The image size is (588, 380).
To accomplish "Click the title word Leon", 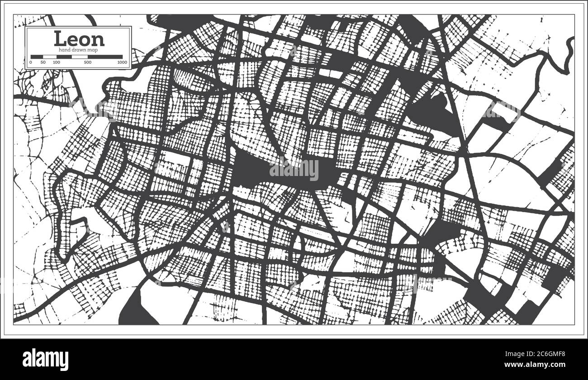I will [79, 39].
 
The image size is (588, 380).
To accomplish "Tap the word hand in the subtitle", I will [60, 49].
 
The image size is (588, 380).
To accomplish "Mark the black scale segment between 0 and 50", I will [37, 57].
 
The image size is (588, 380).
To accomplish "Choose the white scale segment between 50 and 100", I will [49, 57].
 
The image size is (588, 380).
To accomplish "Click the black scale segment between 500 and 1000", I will [105, 57].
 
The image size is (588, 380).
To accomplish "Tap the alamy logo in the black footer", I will [45, 360].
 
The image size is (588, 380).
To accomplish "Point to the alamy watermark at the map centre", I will [294, 170].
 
